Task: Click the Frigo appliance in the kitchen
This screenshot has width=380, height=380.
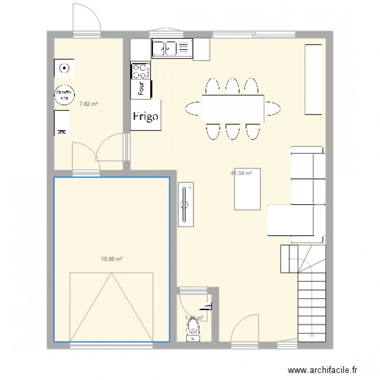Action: click(146, 116)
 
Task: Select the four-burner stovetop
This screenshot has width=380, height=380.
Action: click(140, 70)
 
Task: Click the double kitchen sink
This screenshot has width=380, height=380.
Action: click(171, 48)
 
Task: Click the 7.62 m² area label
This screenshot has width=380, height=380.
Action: click(89, 104)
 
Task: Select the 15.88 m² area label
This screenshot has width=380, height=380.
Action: click(112, 259)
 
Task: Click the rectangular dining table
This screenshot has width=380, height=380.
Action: click(233, 108)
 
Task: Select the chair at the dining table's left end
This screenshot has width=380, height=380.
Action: click(194, 108)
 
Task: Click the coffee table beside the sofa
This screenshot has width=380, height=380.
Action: click(247, 188)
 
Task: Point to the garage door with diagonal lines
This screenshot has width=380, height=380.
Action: click(111, 307)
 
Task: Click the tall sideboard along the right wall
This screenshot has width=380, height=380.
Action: click(313, 80)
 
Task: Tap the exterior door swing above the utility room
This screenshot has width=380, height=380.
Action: click(86, 19)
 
